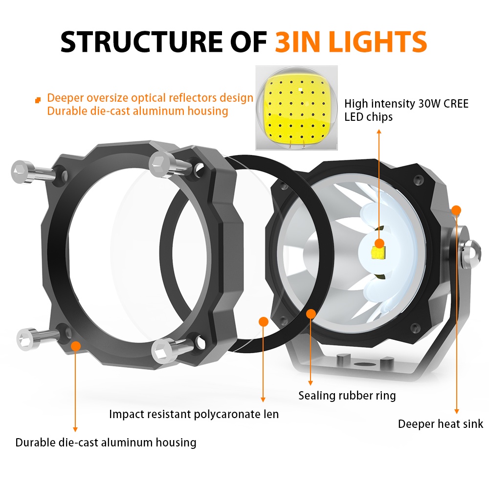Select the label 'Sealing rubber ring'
347,396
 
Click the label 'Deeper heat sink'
441,424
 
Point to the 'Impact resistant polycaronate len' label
194,414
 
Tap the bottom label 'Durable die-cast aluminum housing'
106,443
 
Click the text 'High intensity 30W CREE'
406,104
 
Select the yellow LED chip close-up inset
297,108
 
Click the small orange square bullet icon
38,100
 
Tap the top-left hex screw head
20,171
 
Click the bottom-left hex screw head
25,339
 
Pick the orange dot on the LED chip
379,243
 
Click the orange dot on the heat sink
456,210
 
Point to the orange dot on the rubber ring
311,314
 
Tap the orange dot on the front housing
75,346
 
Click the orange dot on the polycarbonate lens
264,322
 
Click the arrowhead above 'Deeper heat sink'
457,411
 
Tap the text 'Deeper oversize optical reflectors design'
150,98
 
